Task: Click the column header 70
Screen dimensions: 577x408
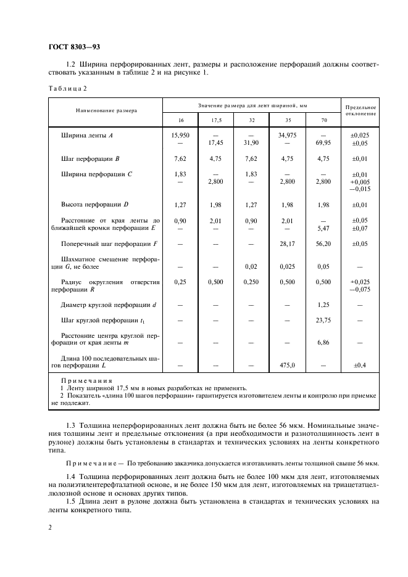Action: coord(323,120)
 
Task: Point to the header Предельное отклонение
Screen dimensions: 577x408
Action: coord(360,110)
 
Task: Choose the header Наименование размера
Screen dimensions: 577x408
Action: coord(106,110)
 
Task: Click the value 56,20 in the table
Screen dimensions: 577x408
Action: coord(323,243)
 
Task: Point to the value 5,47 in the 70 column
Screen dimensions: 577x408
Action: coord(323,228)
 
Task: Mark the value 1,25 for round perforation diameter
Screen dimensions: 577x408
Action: coord(323,305)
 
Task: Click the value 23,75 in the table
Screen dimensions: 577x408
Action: coord(323,320)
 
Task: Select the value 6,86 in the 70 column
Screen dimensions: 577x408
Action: coord(323,343)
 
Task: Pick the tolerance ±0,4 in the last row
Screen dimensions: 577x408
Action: coord(360,366)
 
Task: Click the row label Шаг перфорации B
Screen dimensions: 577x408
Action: coord(90,158)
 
